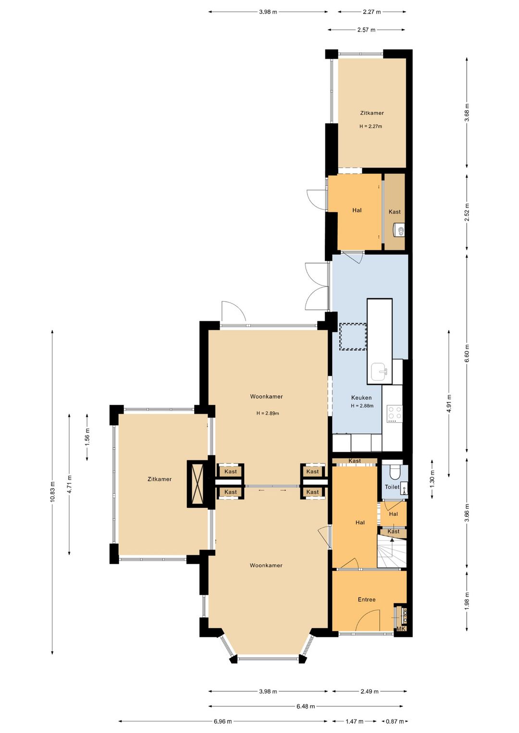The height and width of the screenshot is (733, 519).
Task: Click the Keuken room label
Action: click(361, 398)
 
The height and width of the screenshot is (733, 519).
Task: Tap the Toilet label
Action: click(392, 487)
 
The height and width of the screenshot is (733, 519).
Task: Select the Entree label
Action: click(366, 599)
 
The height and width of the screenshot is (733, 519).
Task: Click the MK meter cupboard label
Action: click(401, 629)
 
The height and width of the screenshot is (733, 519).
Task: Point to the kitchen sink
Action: click(380, 372)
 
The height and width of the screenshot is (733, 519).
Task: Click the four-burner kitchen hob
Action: click(394, 413)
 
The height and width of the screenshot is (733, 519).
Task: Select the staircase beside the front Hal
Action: click(392, 551)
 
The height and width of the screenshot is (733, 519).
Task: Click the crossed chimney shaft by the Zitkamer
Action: click(195, 484)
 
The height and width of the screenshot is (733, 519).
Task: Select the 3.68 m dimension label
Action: click(467, 112)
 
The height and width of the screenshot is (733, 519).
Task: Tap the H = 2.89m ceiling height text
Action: click(268, 413)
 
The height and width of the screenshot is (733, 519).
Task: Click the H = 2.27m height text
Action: click(371, 126)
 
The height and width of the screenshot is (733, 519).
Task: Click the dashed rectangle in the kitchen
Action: click(353, 337)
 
